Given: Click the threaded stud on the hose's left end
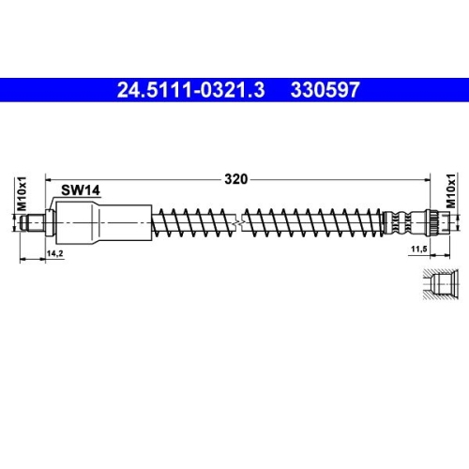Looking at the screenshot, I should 35,223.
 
